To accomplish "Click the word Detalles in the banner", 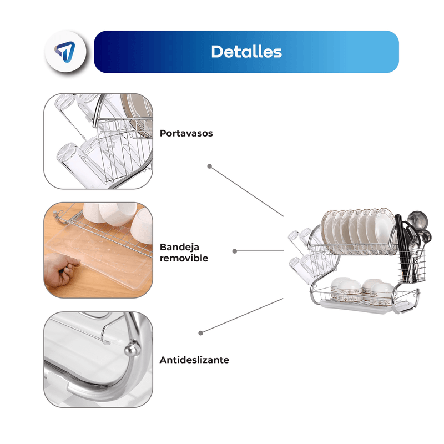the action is point(246,52).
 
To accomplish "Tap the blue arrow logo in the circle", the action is point(65,51).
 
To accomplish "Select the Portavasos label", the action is point(186,133).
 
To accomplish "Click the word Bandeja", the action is point(179,247).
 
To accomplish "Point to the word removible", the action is point(184,258).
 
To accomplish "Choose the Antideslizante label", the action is point(194,360).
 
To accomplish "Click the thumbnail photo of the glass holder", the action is point(98,141).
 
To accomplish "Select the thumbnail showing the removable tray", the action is point(98,250).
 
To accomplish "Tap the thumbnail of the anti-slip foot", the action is point(98,360).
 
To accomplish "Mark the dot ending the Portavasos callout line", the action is point(210,166).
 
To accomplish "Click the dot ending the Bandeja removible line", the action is point(234,251).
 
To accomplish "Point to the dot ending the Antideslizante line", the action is point(201,333).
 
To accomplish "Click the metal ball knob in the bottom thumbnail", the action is point(132,350).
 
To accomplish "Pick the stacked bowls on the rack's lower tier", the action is point(362,292).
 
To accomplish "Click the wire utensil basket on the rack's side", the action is point(412,265).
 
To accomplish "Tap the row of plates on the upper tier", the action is point(359,231).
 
